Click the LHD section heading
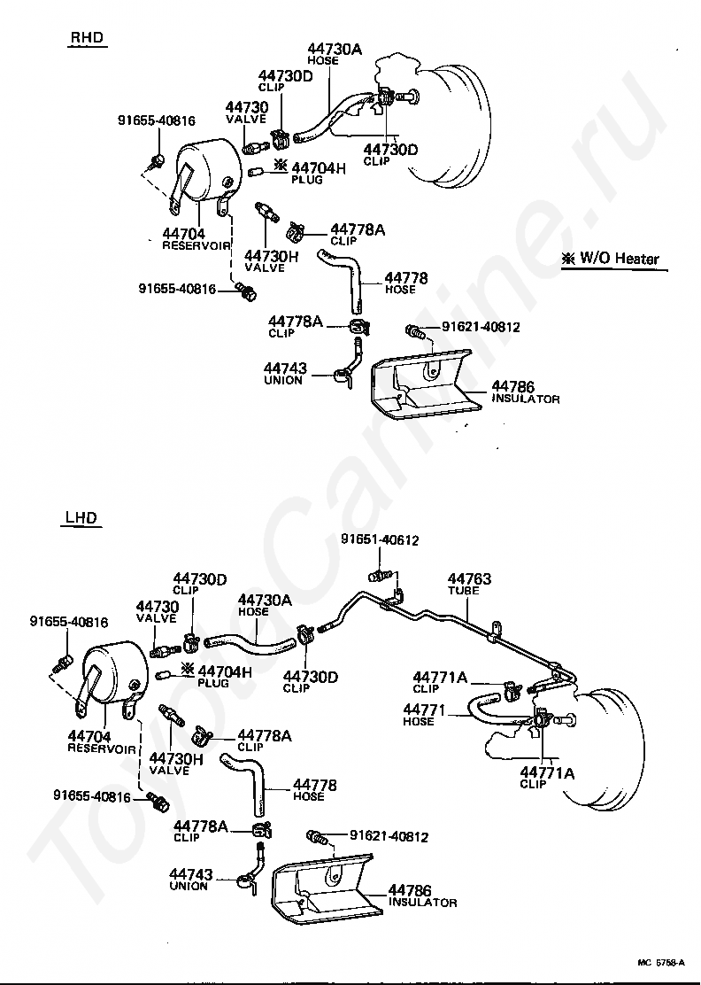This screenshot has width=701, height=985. [81, 518]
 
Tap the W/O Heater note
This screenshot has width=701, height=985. [611, 259]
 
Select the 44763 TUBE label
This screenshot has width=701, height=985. [468, 584]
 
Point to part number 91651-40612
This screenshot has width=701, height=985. [380, 540]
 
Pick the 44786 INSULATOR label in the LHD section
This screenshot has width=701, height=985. [422, 896]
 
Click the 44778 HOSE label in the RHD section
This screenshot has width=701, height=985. [406, 283]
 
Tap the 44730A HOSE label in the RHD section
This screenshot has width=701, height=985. [335, 53]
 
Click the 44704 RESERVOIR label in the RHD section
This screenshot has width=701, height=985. [196, 239]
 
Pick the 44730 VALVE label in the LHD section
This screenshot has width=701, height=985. [158, 612]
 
